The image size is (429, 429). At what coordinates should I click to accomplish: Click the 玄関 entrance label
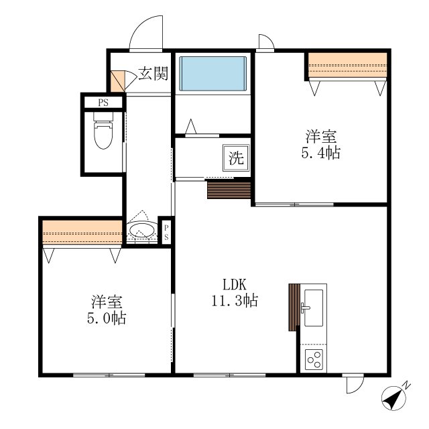point(153,74)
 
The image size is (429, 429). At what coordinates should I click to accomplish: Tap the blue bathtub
point(213,73)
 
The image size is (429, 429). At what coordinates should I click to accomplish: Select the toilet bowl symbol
point(103,130)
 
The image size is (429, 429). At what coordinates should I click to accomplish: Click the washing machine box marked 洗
point(236,158)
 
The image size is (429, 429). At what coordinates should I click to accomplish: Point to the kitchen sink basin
point(314,308)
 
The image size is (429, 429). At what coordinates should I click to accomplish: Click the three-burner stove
point(314,359)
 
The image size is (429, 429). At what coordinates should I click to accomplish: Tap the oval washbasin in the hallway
point(141,230)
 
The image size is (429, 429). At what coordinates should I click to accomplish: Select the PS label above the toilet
point(103,103)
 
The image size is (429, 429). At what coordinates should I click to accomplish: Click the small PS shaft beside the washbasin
point(166,233)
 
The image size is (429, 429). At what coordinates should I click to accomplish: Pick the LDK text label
point(235,284)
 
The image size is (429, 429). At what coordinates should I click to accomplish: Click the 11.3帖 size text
point(235,300)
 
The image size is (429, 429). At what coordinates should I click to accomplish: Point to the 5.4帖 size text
point(321,153)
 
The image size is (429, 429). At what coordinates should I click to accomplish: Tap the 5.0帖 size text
point(107,318)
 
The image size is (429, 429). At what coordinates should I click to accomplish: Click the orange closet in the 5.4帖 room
point(347,65)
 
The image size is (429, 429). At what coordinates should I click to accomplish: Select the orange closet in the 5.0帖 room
point(82,233)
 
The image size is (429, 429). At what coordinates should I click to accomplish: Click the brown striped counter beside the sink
point(294,307)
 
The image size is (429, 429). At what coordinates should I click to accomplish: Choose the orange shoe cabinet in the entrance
point(118,81)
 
